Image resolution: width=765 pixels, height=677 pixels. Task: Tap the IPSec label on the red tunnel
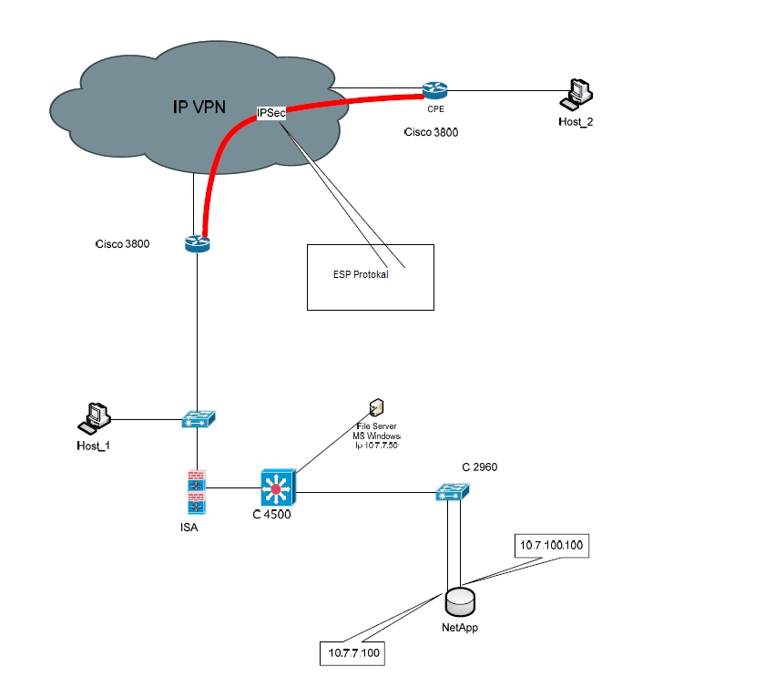[271, 113]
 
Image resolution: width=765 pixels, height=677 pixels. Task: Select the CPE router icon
[434, 89]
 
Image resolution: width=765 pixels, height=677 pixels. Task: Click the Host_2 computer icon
[577, 93]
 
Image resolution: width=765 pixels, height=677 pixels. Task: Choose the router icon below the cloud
[196, 243]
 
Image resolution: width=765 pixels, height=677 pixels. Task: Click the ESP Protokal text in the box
[361, 274]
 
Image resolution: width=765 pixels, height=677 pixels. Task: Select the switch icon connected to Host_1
[198, 420]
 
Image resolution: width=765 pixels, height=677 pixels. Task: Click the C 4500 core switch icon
[277, 489]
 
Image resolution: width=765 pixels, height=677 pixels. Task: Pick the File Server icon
[375, 407]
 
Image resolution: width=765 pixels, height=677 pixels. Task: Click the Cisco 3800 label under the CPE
[431, 132]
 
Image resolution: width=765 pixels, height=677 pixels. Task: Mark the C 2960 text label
[479, 467]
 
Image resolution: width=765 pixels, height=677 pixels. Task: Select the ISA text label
[189, 528]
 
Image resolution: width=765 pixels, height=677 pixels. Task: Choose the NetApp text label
[459, 628]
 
